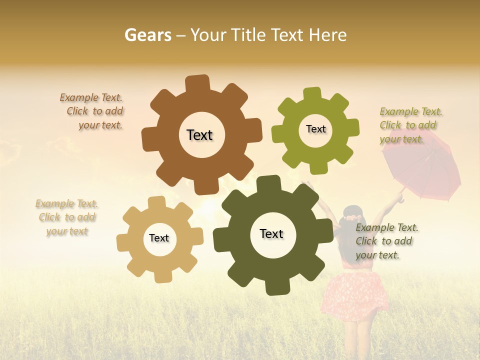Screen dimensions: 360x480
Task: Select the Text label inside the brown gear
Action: pyautogui.click(x=199, y=135)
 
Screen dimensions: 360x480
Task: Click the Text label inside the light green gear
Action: pyautogui.click(x=315, y=129)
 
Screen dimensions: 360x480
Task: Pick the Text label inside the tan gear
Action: pyautogui.click(x=159, y=238)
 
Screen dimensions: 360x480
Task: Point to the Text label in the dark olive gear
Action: pyautogui.click(x=271, y=233)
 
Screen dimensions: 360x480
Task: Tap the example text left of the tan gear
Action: pyautogui.click(x=67, y=217)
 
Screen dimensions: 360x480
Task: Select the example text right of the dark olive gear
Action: pyautogui.click(x=386, y=241)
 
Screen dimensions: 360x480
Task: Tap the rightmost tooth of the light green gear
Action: pyautogui.click(x=352, y=128)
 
